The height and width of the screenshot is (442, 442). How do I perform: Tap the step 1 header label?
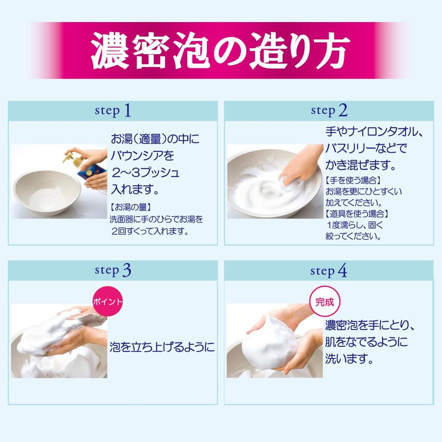coord(113,111)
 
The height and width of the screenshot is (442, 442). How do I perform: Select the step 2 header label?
coord(329,111)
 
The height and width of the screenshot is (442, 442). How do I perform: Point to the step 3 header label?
coord(113,271)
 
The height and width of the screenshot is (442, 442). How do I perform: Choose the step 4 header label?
coord(328,271)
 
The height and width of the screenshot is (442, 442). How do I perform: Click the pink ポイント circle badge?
coord(108,301)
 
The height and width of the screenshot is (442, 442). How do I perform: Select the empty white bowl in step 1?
coord(47,192)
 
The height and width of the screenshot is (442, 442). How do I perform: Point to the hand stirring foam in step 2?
coord(302,166)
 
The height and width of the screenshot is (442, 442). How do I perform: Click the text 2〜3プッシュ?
coord(145,173)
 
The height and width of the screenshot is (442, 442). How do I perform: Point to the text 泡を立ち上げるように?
coord(162,347)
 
